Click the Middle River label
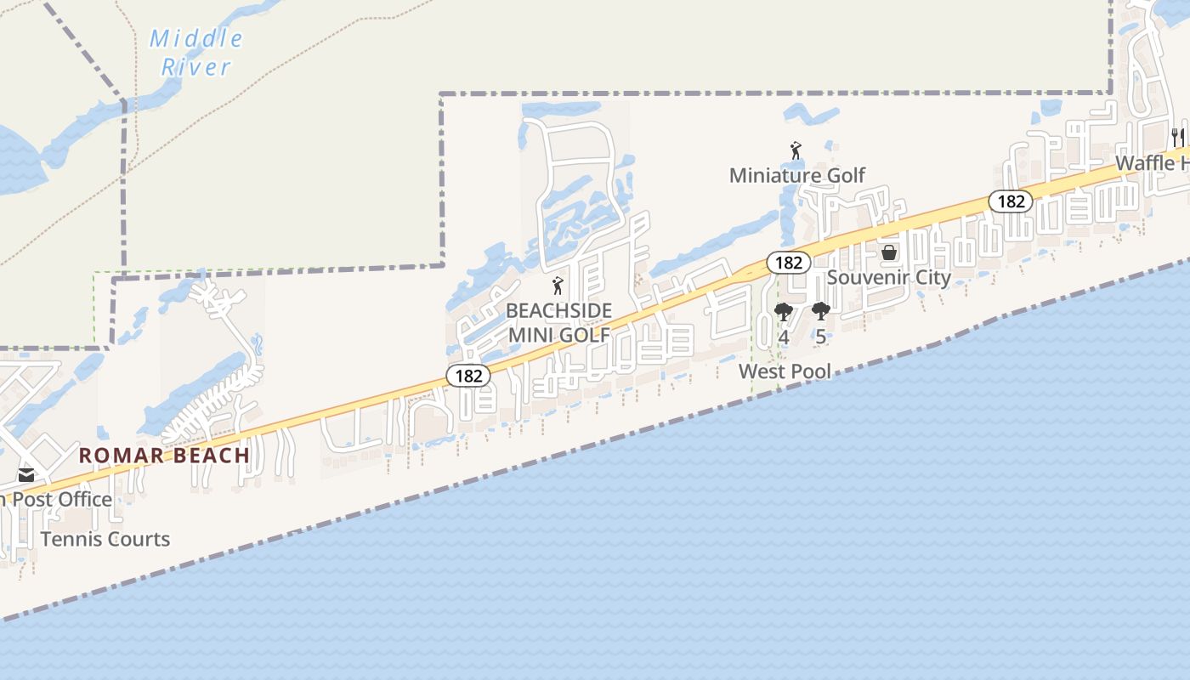tap(196, 53)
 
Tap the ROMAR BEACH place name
tap(165, 455)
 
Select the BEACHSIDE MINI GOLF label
tap(559, 322)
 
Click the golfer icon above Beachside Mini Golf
tap(558, 286)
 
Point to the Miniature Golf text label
tap(797, 175)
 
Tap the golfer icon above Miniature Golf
tap(796, 150)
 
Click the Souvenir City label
tap(888, 277)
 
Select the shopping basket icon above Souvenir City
tap(889, 252)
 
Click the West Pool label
tap(785, 371)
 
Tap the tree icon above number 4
tap(784, 312)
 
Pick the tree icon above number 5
tap(820, 312)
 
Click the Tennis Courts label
tap(105, 539)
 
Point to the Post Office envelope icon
tap(26, 475)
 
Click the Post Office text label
tap(58, 499)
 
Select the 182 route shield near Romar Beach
tap(468, 376)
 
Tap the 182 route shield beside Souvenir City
tap(789, 263)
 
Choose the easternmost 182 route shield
tap(1011, 201)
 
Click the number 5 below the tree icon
tap(820, 337)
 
